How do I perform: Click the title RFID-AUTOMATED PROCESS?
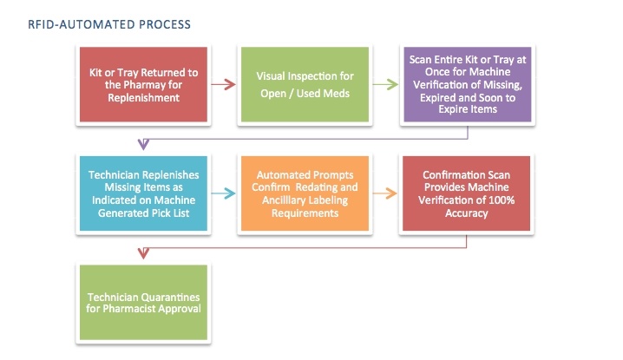tap(110, 25)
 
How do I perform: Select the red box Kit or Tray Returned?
tap(143, 84)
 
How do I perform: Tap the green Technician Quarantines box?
tap(143, 302)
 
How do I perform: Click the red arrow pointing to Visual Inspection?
tap(224, 84)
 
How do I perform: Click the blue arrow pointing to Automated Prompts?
tap(224, 194)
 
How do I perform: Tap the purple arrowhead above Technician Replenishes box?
tap(141, 144)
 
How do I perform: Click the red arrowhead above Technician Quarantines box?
tap(141, 253)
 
